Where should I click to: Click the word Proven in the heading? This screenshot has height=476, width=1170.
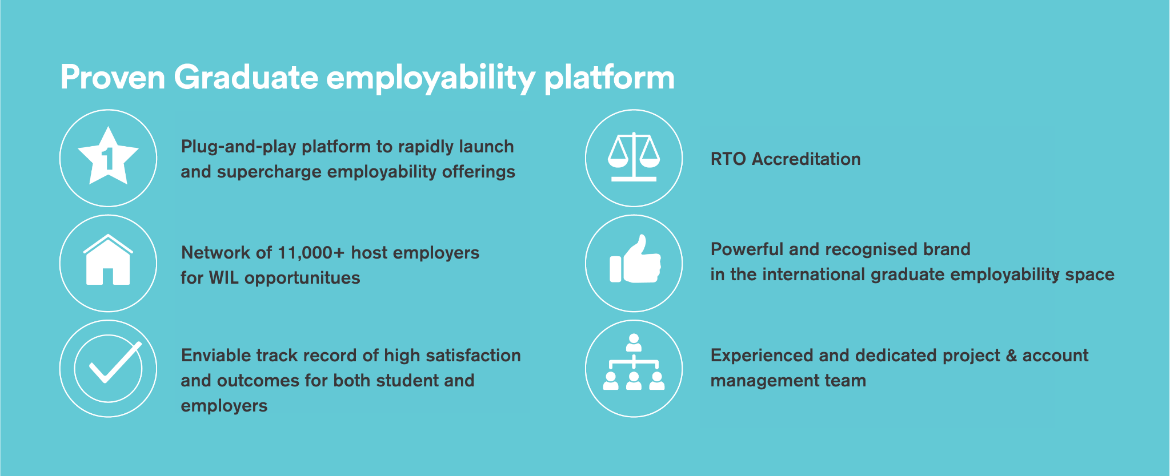point(113,78)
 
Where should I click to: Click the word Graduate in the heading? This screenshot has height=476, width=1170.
point(246,78)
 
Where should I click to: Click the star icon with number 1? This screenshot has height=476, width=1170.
point(108,157)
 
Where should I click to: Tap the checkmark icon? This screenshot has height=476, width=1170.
point(111,365)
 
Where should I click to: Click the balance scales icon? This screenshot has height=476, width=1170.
point(634,157)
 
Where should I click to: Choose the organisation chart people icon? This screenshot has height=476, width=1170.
point(634,364)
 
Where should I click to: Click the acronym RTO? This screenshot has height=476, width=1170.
point(728,159)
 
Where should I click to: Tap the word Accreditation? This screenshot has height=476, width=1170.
point(806,159)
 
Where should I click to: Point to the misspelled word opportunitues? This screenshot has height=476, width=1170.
point(302,279)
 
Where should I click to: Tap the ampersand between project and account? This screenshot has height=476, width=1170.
point(1011,356)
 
